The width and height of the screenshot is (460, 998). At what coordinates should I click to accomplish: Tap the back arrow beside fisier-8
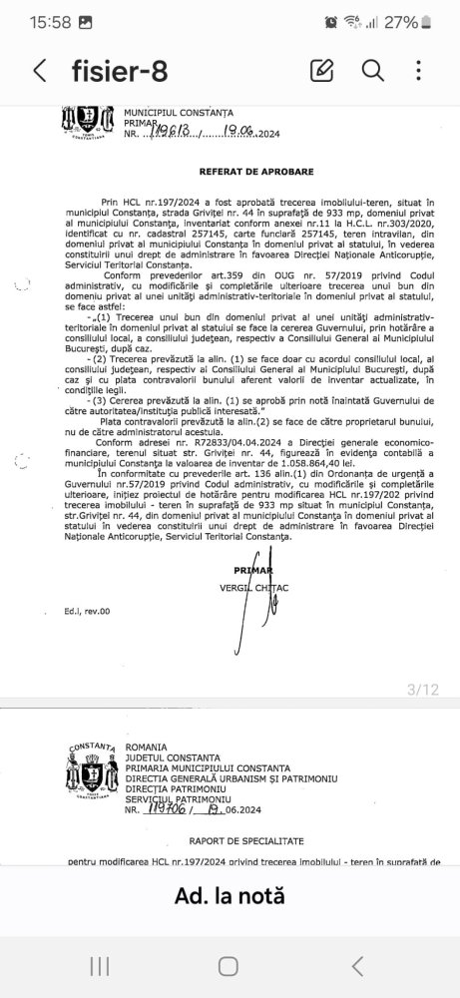click(x=40, y=70)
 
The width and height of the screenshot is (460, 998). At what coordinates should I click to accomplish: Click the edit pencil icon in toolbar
click(x=321, y=70)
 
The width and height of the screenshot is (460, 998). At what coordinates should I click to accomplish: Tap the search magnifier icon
click(x=372, y=70)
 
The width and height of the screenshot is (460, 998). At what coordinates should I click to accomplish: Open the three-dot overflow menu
click(x=419, y=70)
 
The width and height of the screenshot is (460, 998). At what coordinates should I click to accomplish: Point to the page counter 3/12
click(x=423, y=689)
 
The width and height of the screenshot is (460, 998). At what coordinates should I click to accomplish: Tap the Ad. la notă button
click(x=230, y=895)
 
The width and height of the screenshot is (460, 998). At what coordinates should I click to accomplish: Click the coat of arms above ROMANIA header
click(x=92, y=768)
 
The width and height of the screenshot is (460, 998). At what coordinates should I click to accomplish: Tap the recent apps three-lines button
click(x=100, y=965)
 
